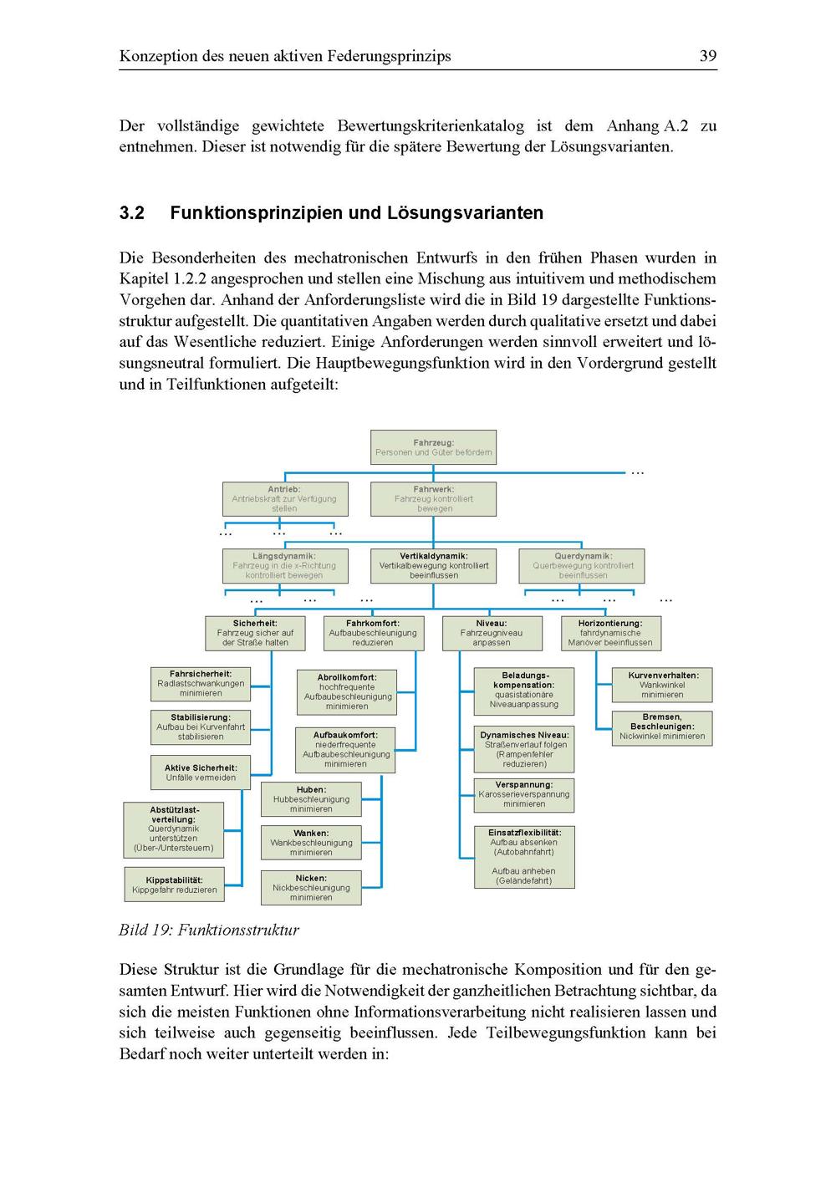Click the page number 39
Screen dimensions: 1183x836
point(707,56)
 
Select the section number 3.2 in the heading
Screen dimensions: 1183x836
point(132,213)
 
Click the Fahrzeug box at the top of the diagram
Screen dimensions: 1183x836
point(433,447)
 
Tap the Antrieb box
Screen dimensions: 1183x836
point(284,498)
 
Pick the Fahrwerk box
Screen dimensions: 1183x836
point(433,498)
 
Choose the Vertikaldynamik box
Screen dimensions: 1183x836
point(433,565)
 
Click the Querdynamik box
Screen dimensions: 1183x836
point(583,565)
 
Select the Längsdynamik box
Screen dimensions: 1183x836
point(284,565)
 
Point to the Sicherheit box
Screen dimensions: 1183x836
point(255,633)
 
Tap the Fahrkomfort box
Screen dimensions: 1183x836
point(373,633)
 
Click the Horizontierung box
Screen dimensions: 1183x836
point(610,633)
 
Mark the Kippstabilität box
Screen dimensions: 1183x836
point(175,885)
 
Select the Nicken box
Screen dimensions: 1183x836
point(311,888)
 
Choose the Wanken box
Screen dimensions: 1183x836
point(311,843)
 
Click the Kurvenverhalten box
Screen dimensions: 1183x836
point(663,685)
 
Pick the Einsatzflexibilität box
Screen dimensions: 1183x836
point(524,856)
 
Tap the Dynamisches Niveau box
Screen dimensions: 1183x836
point(524,749)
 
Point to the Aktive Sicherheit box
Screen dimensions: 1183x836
point(201,773)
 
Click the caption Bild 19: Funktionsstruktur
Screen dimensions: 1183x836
point(209,930)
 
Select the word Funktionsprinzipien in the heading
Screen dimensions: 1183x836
point(256,213)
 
